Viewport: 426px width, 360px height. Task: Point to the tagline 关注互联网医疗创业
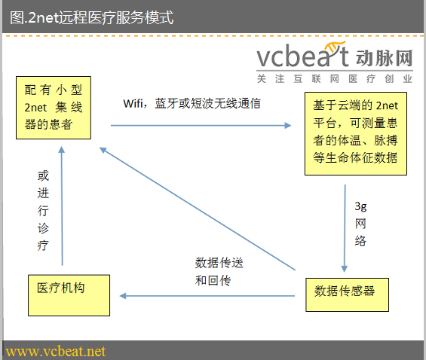pos(334,78)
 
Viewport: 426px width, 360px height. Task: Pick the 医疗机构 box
pos(64,295)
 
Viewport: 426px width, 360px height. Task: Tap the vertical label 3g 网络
pos(360,223)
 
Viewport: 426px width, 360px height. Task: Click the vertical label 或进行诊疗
pos(42,211)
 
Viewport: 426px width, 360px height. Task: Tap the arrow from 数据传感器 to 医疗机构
pos(207,296)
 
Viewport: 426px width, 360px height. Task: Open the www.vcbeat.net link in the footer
pos(56,352)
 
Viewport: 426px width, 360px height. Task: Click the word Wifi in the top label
pos(134,104)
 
